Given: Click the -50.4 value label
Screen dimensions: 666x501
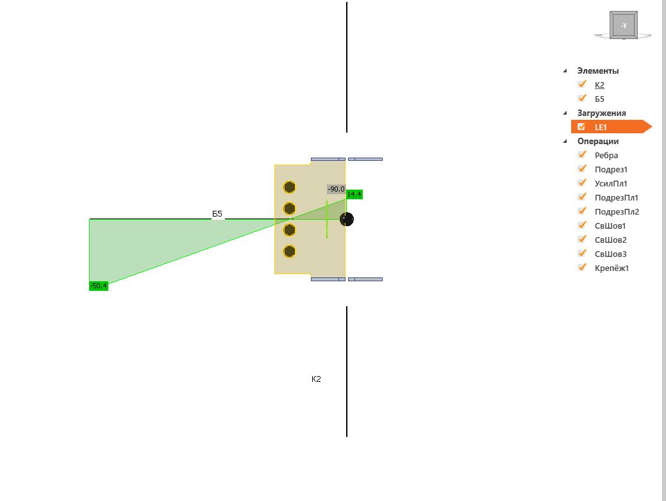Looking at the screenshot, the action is [99, 286].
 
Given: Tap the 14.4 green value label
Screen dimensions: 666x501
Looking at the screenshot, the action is [354, 195].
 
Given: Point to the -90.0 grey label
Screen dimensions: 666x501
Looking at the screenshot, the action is [336, 189].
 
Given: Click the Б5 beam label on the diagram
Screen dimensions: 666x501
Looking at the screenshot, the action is [217, 213].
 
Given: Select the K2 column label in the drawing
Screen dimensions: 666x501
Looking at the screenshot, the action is [316, 379].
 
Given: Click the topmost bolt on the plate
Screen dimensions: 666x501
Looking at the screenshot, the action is [289, 187].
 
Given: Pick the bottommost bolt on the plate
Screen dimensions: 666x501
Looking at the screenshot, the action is [289, 251].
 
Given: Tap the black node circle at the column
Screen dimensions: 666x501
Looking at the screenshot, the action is [347, 219].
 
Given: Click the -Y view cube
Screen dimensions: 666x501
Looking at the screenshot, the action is [624, 26].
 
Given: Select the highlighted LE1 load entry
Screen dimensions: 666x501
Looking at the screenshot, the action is [601, 127].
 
